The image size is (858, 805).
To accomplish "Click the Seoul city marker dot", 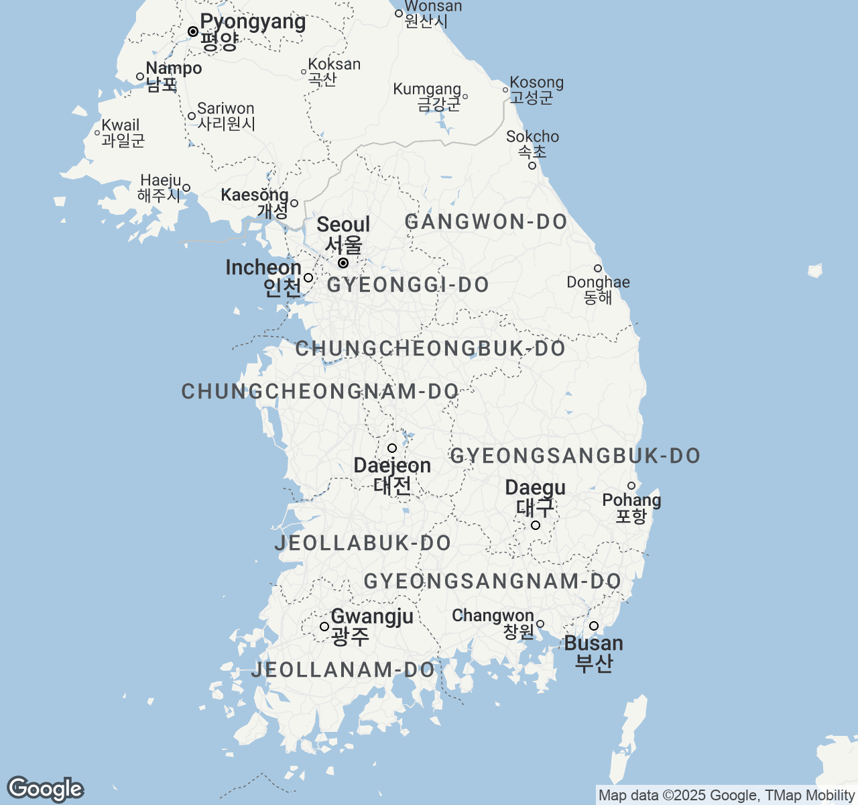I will tap(343, 263).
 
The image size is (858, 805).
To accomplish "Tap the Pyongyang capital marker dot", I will tap(193, 32).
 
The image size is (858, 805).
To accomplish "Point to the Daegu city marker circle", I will tap(536, 525).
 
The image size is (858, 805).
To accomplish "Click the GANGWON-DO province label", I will tap(487, 222).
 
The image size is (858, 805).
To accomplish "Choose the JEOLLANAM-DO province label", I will tap(343, 669).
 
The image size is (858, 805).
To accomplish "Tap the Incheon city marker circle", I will tap(308, 278).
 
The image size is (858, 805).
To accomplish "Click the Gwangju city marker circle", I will tap(324, 627).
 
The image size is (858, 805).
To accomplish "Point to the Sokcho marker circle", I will tap(532, 166).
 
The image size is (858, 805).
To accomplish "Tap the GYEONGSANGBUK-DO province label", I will tap(575, 456).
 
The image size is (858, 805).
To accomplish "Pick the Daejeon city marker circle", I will tap(392, 448).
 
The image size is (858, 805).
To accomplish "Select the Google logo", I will tap(45, 790).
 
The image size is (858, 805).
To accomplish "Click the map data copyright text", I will tap(727, 796).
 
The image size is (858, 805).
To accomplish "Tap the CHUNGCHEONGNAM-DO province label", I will tap(320, 392).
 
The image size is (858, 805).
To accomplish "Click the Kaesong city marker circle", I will tap(294, 203).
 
